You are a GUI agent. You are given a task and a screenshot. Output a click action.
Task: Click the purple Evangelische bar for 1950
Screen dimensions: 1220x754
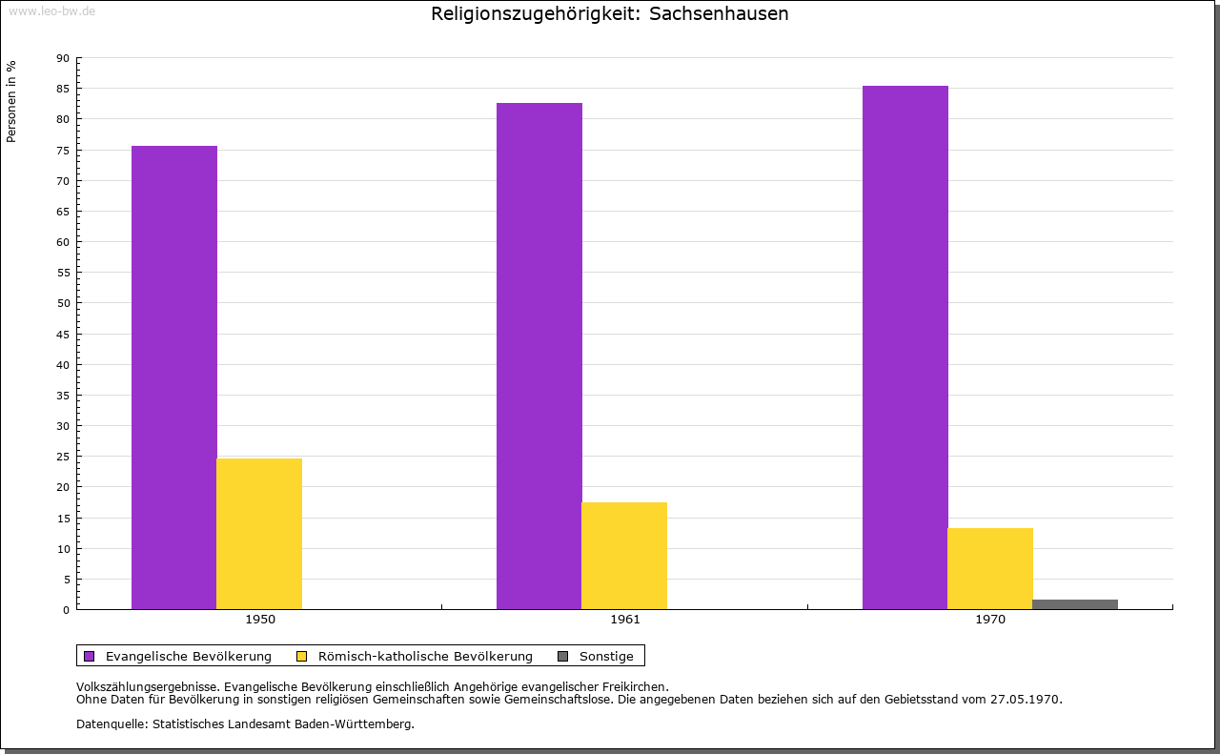174,377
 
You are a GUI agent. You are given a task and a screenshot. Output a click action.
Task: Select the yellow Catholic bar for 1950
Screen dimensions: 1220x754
259,534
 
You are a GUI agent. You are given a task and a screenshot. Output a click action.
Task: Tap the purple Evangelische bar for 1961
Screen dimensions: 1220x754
539,356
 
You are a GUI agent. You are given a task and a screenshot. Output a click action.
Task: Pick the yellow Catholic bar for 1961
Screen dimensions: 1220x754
624,556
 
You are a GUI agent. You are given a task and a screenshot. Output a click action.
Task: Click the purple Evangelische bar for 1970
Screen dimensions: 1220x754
905,348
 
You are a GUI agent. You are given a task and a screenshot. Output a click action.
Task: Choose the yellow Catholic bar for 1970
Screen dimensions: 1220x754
990,569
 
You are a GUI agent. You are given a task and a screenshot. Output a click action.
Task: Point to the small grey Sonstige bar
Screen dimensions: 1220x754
1075,604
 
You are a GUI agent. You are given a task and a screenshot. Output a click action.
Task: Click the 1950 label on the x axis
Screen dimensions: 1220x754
260,620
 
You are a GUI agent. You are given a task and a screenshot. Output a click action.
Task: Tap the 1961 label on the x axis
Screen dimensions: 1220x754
625,620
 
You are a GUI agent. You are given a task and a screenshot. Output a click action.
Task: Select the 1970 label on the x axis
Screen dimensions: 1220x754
990,620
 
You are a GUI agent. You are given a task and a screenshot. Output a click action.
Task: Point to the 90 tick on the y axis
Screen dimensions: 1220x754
63,58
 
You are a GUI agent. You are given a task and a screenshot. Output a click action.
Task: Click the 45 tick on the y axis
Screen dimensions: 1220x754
63,335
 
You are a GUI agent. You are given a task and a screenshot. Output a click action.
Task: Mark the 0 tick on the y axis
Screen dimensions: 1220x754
67,610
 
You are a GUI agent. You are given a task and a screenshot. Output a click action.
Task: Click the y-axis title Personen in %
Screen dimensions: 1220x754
11,101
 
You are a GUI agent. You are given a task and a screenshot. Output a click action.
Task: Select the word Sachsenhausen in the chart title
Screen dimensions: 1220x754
719,13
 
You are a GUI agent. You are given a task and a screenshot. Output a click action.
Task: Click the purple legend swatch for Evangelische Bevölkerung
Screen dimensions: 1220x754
90,656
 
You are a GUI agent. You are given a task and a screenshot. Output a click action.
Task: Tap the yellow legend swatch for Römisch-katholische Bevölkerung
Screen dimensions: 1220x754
302,656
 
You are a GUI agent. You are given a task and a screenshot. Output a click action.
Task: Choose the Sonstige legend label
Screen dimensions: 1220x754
606,656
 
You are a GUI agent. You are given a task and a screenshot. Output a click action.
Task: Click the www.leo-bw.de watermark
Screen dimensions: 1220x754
51,10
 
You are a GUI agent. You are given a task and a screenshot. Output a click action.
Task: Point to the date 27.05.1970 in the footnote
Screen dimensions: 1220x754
1026,699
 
